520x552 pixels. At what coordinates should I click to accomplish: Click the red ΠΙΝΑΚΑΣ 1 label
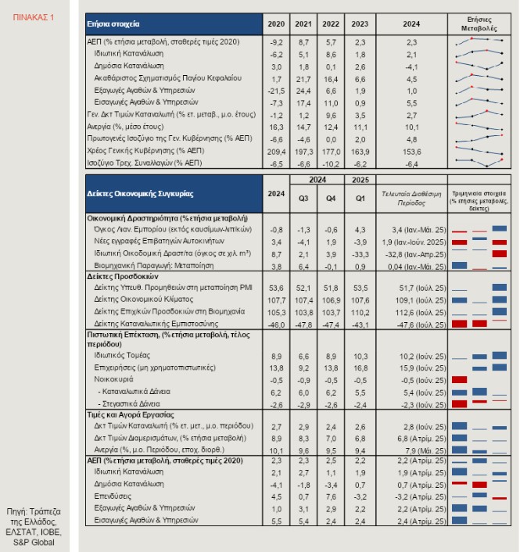point(34,17)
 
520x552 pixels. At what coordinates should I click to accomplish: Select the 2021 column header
point(303,24)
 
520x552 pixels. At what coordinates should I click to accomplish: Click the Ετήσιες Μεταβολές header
point(479,24)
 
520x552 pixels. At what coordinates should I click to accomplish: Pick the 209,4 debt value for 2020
point(276,152)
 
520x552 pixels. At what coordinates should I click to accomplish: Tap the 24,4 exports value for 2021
point(303,91)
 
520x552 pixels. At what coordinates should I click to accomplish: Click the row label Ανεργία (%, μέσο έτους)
point(125,127)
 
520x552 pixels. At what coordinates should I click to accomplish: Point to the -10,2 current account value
point(331,164)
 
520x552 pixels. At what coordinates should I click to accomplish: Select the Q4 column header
point(331,199)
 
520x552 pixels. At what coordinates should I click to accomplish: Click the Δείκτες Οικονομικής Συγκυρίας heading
point(140,194)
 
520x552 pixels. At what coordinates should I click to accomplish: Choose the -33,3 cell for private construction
point(360,255)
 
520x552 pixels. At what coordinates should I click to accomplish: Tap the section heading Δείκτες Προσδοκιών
point(123,276)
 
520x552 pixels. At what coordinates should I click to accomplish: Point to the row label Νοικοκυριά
point(113,379)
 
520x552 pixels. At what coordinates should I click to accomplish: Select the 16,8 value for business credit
point(360,368)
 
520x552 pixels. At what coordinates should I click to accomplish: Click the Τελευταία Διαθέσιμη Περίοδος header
point(411,199)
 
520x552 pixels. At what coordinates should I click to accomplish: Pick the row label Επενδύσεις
point(113,496)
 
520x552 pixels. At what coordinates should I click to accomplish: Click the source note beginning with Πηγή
point(34,527)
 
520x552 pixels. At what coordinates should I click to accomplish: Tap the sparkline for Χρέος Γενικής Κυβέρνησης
point(479,151)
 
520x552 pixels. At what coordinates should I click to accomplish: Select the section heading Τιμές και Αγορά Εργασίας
point(131,414)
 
